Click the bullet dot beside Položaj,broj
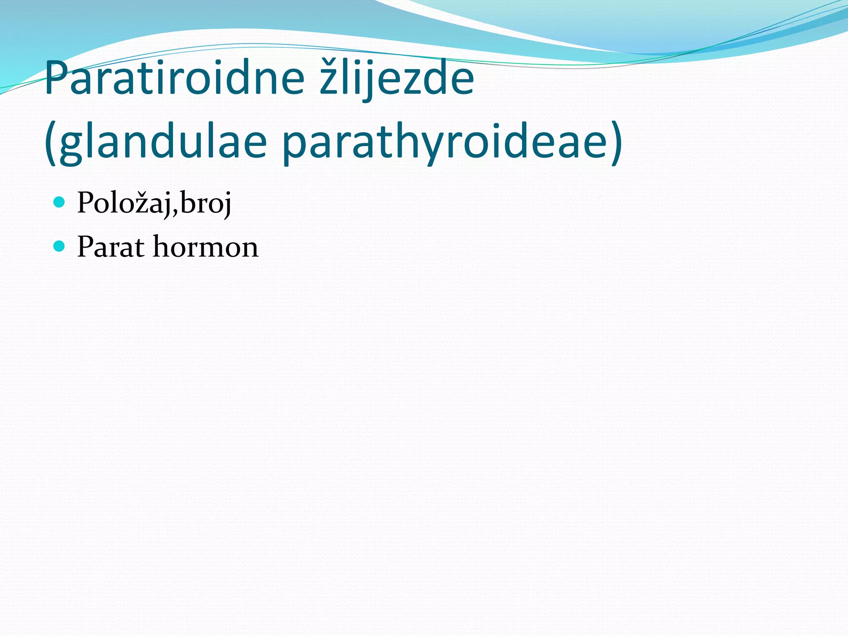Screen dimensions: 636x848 [x=60, y=202]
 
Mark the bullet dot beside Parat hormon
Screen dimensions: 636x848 [x=60, y=246]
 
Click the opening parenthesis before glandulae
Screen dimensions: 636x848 [x=51, y=143]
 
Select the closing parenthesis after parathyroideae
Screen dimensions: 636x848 [x=616, y=143]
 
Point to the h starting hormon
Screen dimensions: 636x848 [x=163, y=246]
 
